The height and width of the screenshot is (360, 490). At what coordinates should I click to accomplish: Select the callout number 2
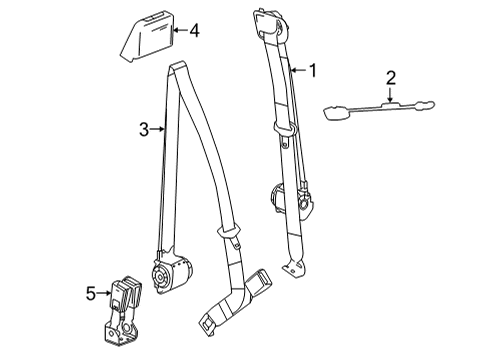pos(391,79)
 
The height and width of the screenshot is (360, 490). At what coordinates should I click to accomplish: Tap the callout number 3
pos(144,128)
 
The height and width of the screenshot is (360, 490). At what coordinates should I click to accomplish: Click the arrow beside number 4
pos(178,31)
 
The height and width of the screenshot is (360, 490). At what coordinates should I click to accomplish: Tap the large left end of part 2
pos(335,111)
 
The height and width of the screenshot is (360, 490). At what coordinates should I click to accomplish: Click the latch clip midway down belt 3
pos(231,235)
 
